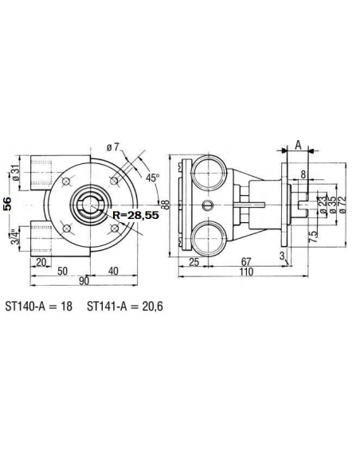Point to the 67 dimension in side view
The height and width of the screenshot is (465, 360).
[x=248, y=260]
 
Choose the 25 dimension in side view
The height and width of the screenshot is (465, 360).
[x=194, y=260]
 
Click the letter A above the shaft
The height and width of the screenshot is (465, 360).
[x=296, y=144]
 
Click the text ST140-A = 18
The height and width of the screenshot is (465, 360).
[x=39, y=306]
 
